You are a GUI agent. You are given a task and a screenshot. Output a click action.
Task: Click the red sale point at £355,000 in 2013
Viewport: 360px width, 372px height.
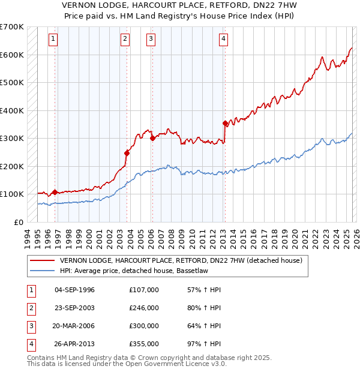[x=225, y=124]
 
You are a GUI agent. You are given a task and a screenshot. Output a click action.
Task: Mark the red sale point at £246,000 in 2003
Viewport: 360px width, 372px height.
[x=127, y=153]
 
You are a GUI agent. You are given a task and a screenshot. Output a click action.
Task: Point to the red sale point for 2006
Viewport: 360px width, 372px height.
[x=152, y=138]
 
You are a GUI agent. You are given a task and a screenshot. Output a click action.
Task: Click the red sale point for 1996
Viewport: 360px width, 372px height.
[x=55, y=192]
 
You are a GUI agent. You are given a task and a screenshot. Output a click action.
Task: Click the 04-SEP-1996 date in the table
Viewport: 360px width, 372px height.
[x=74, y=290]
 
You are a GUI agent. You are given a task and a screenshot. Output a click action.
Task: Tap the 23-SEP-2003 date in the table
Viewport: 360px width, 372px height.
[x=74, y=308]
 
